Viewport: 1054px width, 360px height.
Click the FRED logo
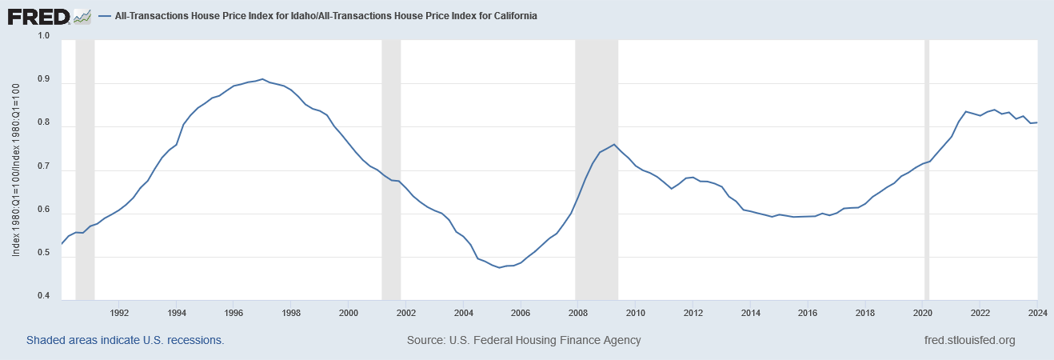[x=49, y=15]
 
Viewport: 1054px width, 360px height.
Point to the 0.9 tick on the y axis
[x=44, y=80]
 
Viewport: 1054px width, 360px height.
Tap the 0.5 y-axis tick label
[x=44, y=254]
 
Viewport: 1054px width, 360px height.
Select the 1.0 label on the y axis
[x=44, y=36]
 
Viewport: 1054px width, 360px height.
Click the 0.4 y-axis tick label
[x=44, y=298]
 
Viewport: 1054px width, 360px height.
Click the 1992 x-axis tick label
[x=119, y=312]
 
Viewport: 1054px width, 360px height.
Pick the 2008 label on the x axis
[x=578, y=312]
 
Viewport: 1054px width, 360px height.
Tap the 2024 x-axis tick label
[x=1037, y=312]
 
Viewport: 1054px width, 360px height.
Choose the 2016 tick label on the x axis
[x=808, y=312]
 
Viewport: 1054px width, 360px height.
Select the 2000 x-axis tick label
[x=349, y=312]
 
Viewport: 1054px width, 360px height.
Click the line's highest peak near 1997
[x=262, y=79]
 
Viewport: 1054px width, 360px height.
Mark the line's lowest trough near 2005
[x=500, y=267]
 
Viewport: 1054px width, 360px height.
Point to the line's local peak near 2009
[x=613, y=145]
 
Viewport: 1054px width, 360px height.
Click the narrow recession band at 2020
[x=927, y=168]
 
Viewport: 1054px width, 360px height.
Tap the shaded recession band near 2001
[x=391, y=168]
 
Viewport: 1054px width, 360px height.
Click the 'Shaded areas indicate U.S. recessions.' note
[x=126, y=340]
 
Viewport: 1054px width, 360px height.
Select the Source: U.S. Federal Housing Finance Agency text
[x=524, y=340]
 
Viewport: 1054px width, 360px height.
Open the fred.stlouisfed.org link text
[x=968, y=340]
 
